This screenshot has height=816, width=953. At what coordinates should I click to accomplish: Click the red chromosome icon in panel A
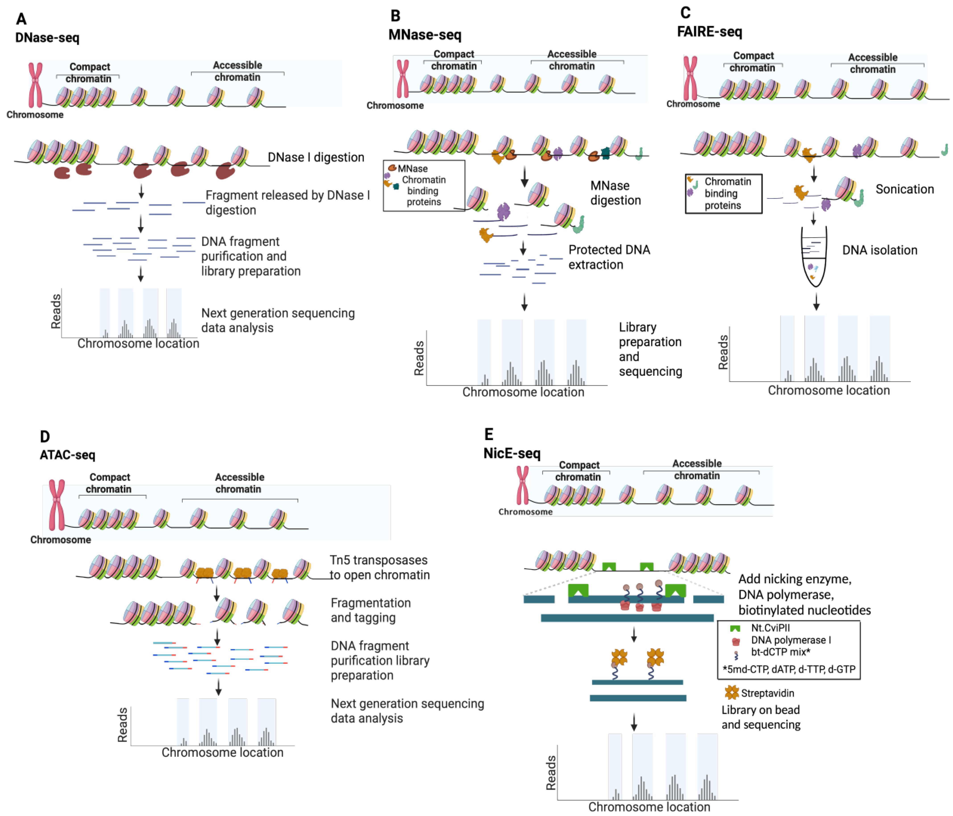(35, 85)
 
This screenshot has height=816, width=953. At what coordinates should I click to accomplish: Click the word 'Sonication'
(904, 189)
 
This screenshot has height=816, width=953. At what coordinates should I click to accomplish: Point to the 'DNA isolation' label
(879, 250)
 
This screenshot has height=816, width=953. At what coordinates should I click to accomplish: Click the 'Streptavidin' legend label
(767, 693)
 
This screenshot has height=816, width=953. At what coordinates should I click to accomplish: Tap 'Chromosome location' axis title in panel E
(649, 807)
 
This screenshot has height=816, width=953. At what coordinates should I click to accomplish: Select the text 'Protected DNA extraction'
(609, 257)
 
